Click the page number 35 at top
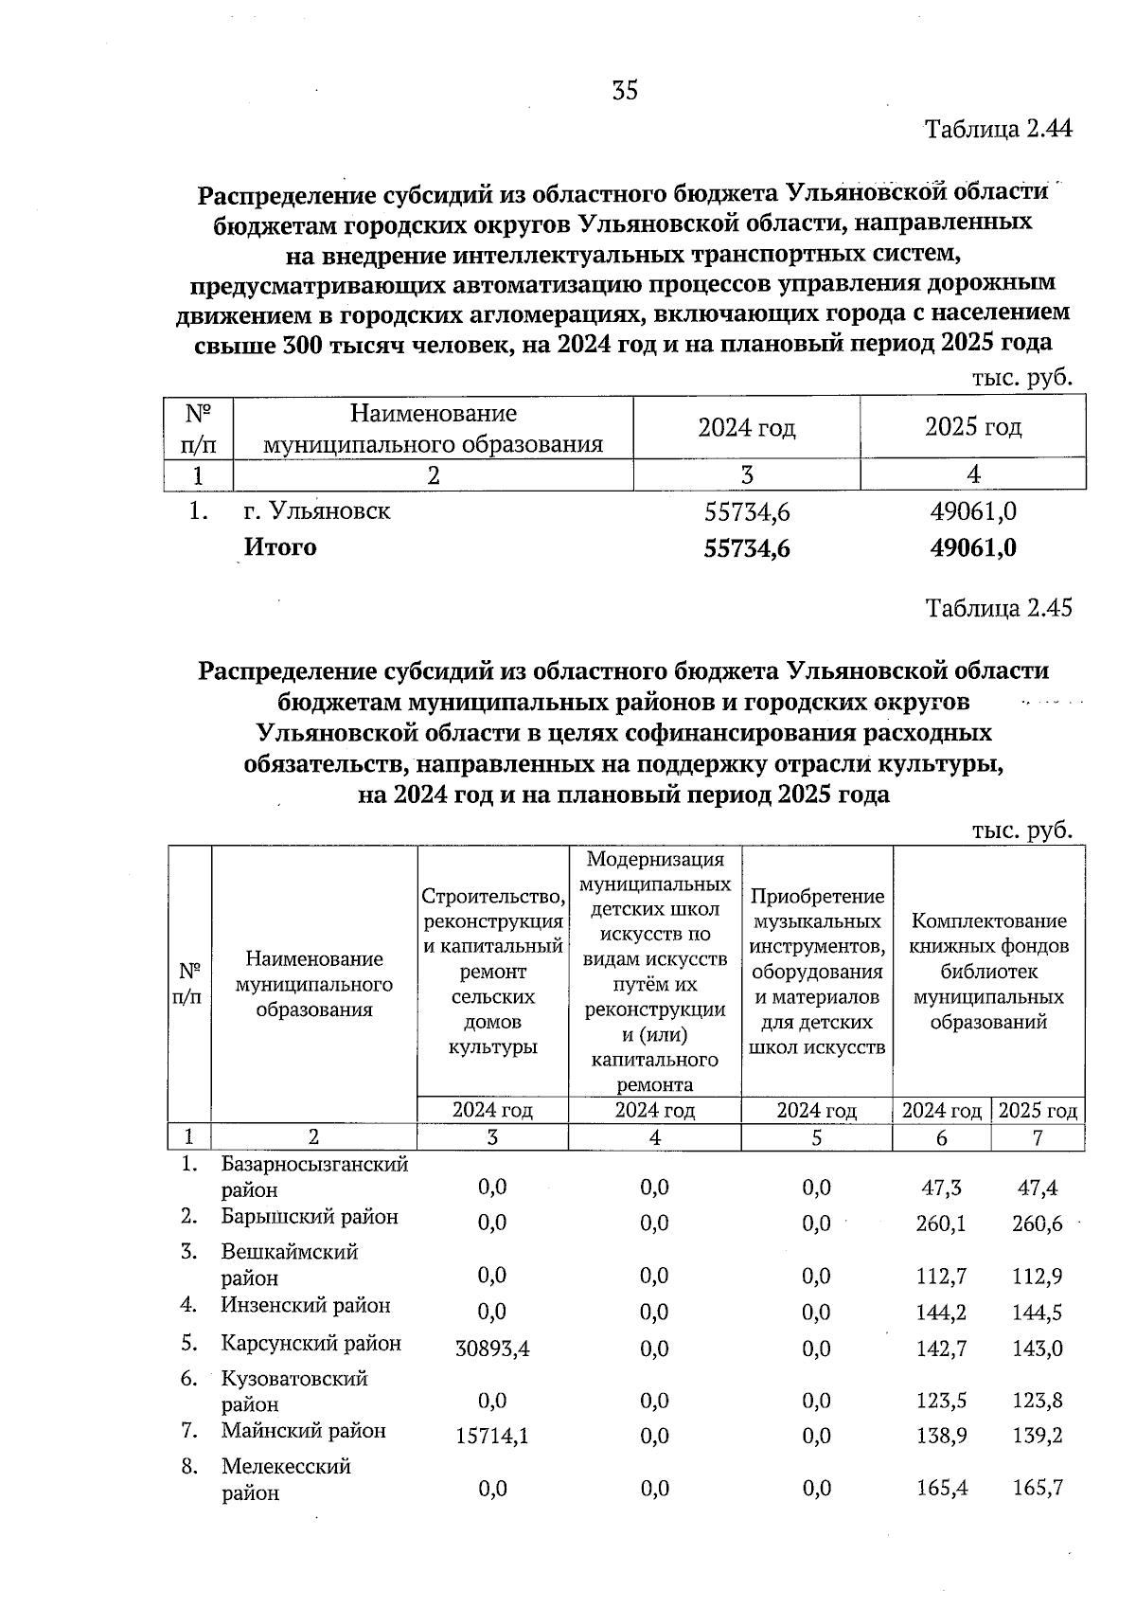point(625,91)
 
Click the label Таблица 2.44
point(998,129)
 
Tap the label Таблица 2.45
point(998,608)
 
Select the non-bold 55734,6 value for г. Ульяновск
point(747,512)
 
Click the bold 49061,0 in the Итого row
point(973,548)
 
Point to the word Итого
point(280,547)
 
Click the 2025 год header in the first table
point(973,427)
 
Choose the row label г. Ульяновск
point(317,511)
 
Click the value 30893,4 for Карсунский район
point(492,1349)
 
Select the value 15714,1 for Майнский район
point(492,1437)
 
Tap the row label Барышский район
point(310,1217)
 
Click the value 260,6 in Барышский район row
point(1038,1224)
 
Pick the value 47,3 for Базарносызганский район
point(941,1188)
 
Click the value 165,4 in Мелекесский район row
point(941,1489)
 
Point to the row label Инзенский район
point(306,1306)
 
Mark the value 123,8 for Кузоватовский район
point(1038,1401)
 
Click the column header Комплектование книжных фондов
point(988,971)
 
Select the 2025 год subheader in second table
point(1038,1111)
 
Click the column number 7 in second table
point(1038,1138)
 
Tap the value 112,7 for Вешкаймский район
point(941,1277)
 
